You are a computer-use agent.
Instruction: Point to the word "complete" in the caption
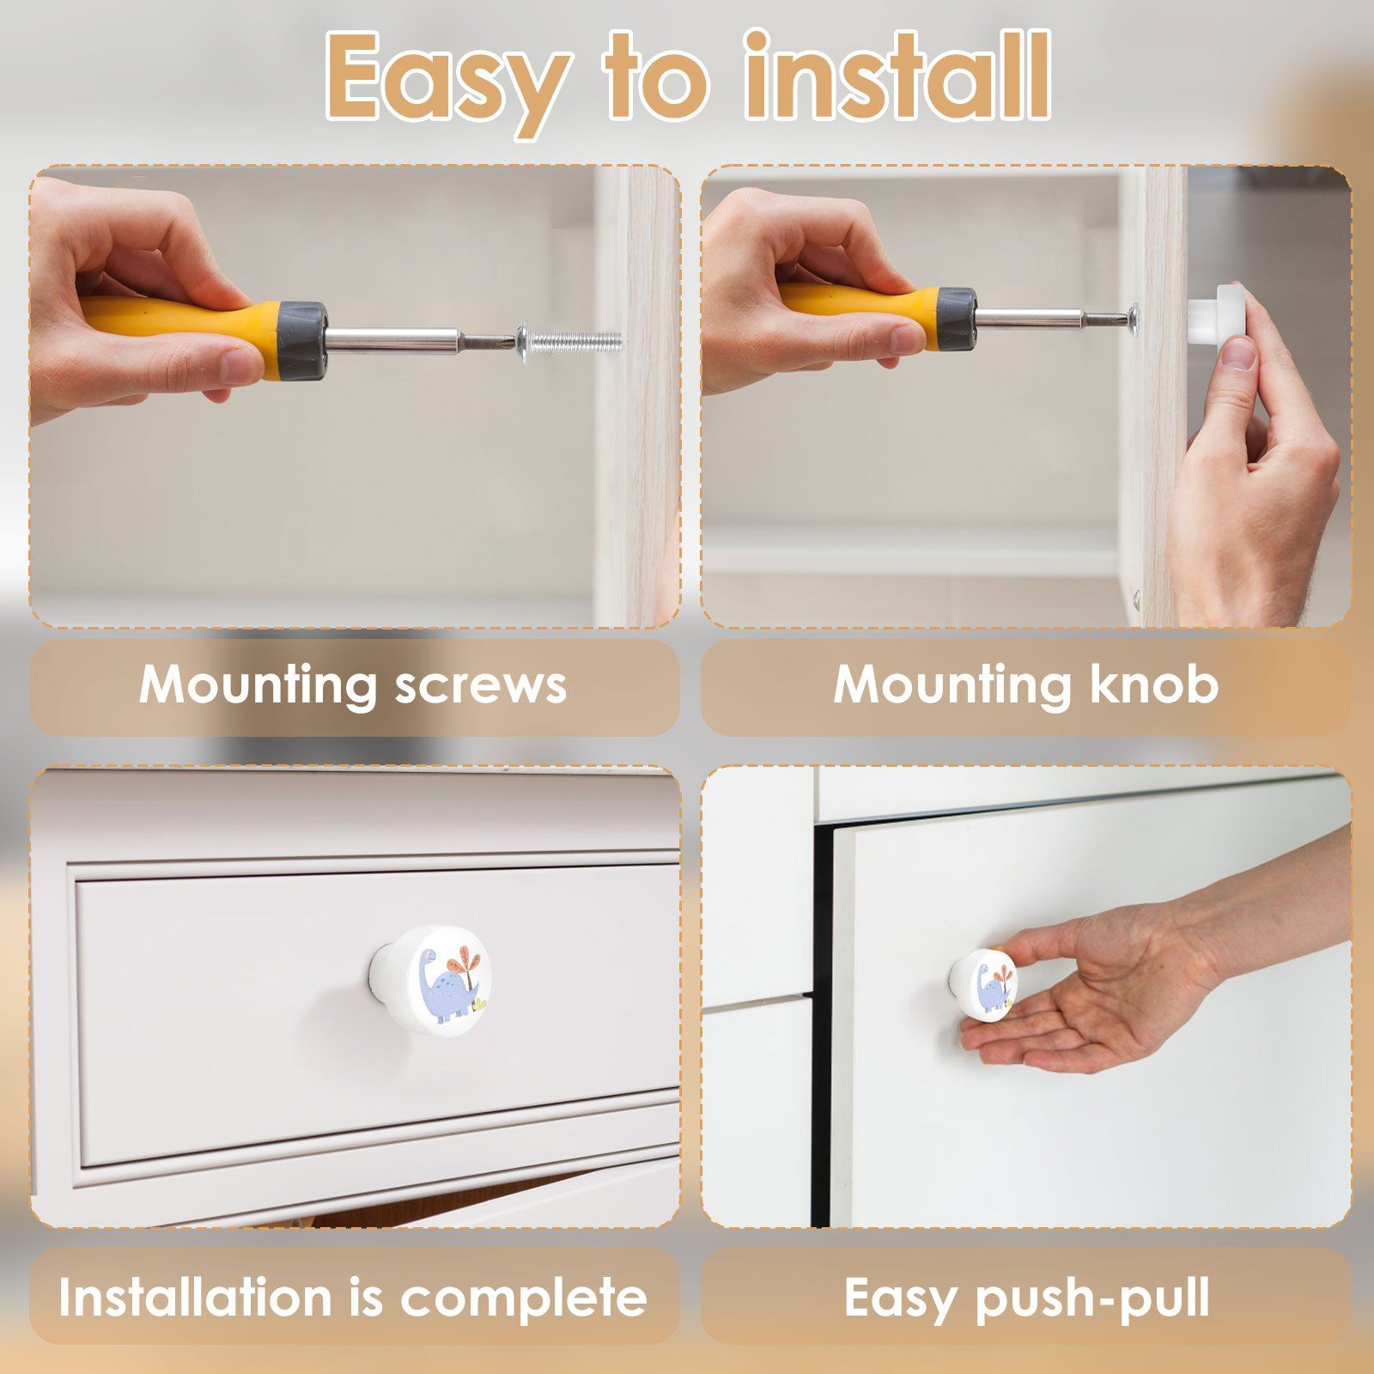tap(524, 1297)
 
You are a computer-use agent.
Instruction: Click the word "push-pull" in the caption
tap(1094, 1298)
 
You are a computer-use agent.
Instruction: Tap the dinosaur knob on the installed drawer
tap(429, 975)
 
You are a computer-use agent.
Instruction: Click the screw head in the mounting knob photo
tap(1135, 318)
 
